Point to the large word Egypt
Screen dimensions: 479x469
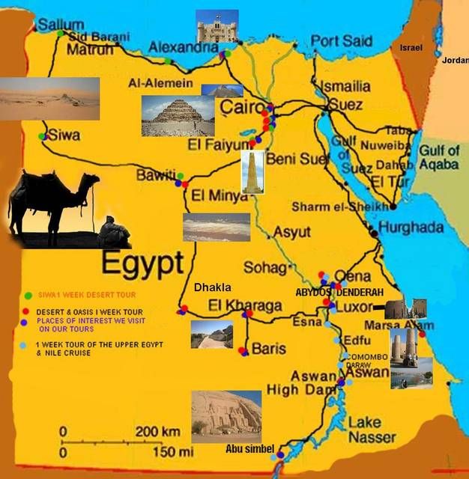[142, 263]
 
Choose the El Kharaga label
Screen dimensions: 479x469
[245, 305]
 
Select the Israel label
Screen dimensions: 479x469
[411, 47]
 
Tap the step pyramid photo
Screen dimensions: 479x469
[167, 115]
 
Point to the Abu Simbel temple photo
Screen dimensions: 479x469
[226, 415]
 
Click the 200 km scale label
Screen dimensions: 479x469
[157, 432]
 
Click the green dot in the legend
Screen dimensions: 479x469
[27, 294]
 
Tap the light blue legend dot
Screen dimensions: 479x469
[23, 345]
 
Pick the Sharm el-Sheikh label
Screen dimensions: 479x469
[340, 207]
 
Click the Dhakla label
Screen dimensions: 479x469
[212, 287]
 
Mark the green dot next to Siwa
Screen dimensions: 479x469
[42, 136]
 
